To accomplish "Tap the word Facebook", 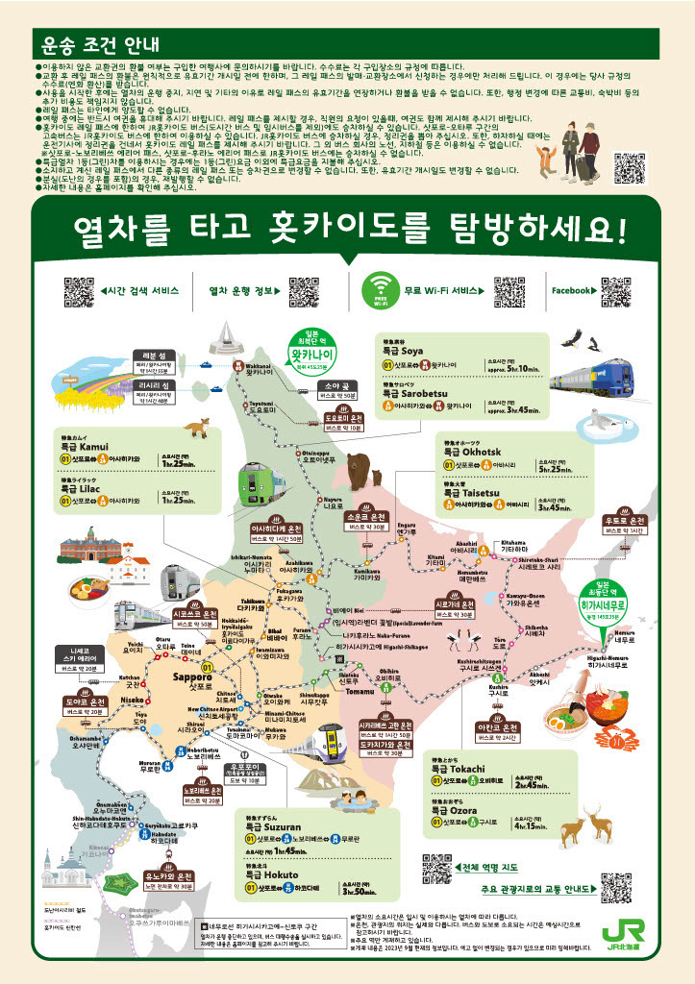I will point(571,290).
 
